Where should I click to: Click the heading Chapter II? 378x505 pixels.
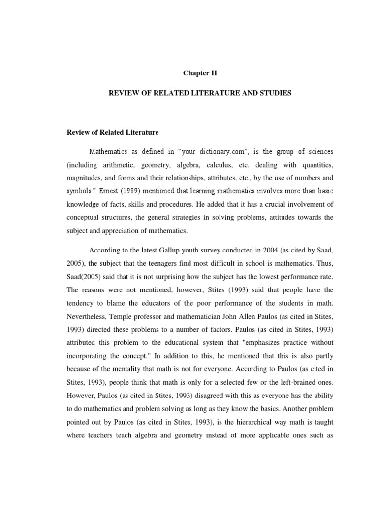[200, 73]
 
